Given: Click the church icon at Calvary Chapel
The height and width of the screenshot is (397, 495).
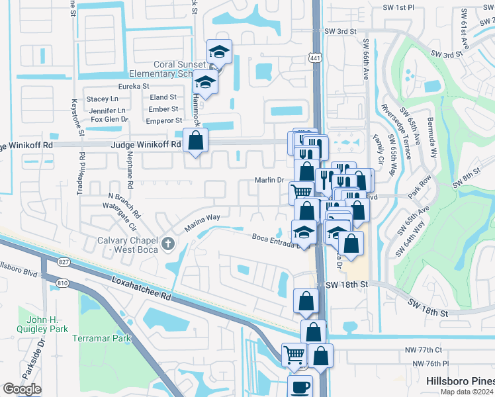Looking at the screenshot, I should pos(168,244).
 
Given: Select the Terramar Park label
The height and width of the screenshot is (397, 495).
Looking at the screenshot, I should pos(102,338).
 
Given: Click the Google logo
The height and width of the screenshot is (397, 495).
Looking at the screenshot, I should pos(22,389).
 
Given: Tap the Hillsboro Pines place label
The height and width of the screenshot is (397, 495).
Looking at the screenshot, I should pos(459,381).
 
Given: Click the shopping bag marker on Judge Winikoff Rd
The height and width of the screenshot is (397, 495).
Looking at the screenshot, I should pos(195,140).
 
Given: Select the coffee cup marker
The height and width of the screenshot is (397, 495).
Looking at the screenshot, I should pos(300,387).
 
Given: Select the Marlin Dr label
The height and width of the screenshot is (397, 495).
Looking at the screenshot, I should pos(269,179).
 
